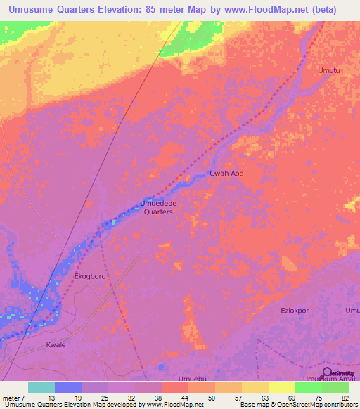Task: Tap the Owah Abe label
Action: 226,173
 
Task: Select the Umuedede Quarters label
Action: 158,207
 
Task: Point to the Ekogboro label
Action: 90,277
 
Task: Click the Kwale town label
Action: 56,346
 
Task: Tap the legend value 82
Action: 345,397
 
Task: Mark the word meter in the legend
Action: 12,397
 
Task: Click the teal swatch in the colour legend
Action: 41,387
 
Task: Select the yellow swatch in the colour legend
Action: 281,387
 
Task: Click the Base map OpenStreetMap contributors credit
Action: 298,405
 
